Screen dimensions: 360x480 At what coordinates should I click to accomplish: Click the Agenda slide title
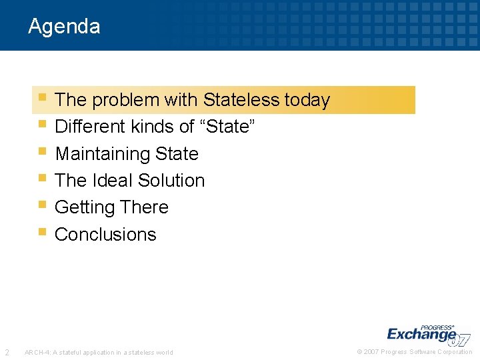tap(64, 26)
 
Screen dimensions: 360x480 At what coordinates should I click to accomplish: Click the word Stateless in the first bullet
tap(241, 100)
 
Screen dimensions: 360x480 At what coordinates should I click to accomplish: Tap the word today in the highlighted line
tap(307, 100)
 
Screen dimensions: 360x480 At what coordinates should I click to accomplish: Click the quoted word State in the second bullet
tap(228, 127)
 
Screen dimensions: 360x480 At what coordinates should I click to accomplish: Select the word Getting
tap(85, 208)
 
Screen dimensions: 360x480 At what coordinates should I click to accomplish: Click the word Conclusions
tap(105, 235)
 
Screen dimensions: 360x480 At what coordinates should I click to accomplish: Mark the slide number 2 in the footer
tap(7, 352)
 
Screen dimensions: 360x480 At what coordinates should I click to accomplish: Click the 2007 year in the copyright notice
tap(371, 352)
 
